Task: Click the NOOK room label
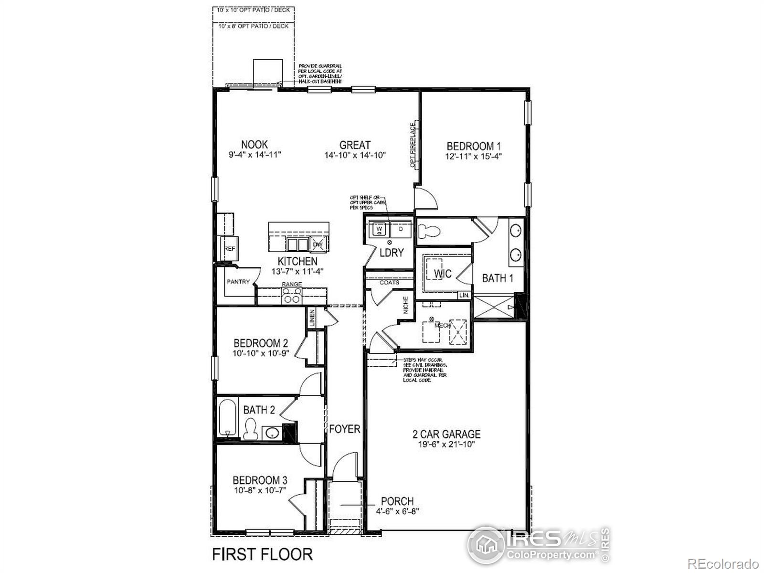(255, 144)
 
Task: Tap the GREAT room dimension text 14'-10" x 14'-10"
(355, 155)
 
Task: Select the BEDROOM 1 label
(474, 146)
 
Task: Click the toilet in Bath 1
(428, 232)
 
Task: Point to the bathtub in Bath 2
(227, 418)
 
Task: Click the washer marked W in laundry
(380, 229)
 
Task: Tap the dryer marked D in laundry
(401, 229)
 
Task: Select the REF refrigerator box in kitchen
(230, 249)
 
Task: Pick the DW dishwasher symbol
(318, 244)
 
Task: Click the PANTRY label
(238, 282)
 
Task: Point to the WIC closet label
(443, 274)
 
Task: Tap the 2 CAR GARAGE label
(446, 434)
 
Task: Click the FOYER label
(344, 429)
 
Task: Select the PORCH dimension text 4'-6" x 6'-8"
(397, 511)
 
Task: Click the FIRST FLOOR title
(262, 554)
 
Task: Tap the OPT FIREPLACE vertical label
(413, 145)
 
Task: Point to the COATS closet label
(389, 283)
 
